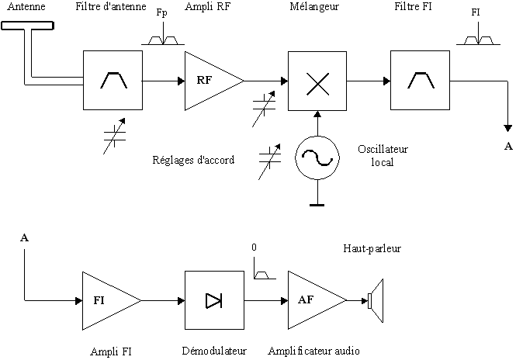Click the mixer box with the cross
316,81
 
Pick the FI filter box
420,80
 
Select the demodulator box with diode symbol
213,300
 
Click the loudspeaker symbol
374,300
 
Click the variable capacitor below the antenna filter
115,135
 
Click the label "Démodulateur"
213,350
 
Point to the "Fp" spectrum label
161,12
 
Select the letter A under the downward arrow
508,146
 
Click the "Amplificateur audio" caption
313,350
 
